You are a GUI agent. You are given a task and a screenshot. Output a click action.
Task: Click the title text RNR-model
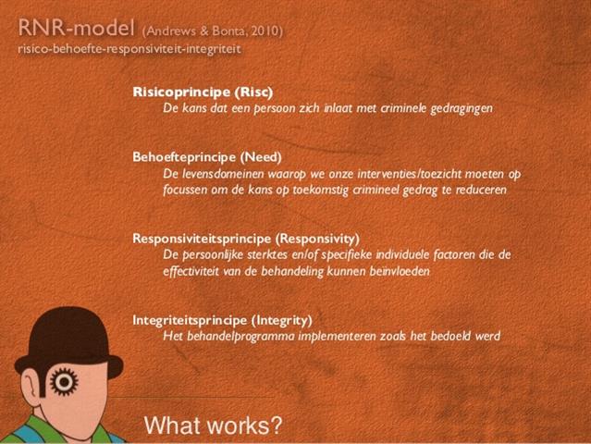[x=76, y=28]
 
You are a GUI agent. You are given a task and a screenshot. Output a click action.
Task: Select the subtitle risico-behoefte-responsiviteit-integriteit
[x=129, y=49]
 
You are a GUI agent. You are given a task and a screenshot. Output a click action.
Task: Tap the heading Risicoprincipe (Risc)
[x=203, y=92]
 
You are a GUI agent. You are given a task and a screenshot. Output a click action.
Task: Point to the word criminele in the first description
[x=403, y=108]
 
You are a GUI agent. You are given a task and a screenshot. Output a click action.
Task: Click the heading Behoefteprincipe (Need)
[x=207, y=157]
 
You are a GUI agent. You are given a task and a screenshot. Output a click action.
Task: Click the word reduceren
[x=481, y=190]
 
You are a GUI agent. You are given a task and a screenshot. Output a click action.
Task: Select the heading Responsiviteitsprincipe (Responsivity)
[x=246, y=239]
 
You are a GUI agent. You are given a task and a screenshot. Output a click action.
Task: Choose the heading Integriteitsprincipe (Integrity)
[x=222, y=320]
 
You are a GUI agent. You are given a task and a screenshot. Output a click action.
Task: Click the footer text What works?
[x=213, y=425]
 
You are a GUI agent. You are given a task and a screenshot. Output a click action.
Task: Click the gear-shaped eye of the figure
[x=64, y=381]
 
